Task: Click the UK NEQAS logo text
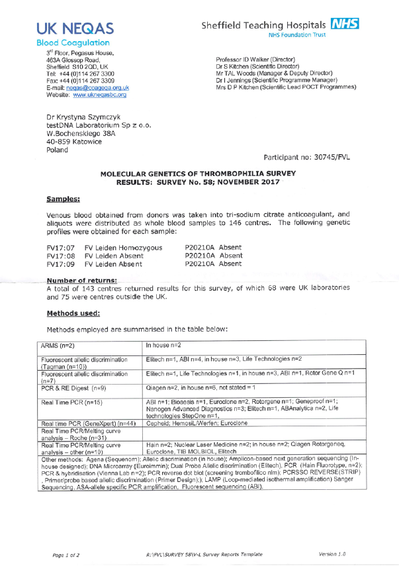tap(75, 28)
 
